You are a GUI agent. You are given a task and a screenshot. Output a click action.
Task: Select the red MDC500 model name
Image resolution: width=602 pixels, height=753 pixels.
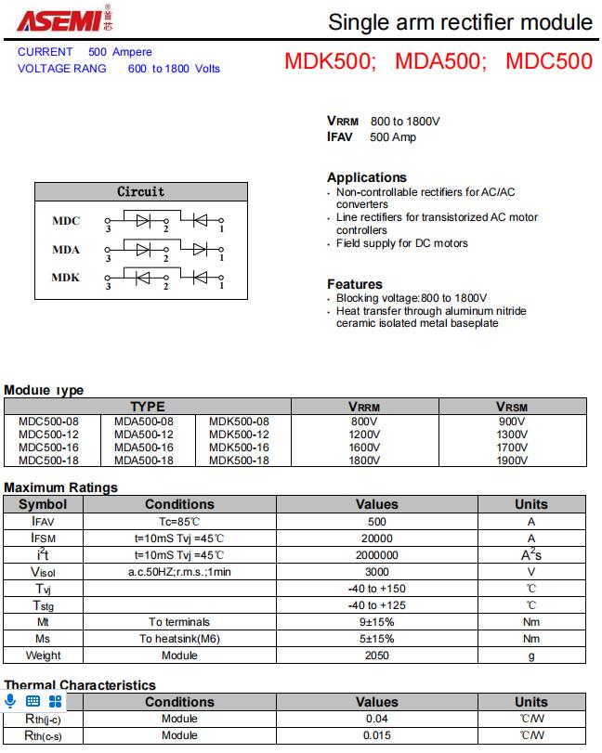pyautogui.click(x=548, y=62)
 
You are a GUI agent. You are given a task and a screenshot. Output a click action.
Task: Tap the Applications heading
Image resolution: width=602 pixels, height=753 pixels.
pyautogui.click(x=367, y=177)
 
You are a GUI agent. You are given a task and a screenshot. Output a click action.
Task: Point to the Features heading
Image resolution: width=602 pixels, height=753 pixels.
pyautogui.click(x=355, y=284)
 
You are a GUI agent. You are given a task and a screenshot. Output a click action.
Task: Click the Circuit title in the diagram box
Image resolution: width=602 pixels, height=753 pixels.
pyautogui.click(x=141, y=191)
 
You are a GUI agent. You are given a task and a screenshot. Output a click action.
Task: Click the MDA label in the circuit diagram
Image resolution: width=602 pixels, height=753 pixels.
pyautogui.click(x=66, y=250)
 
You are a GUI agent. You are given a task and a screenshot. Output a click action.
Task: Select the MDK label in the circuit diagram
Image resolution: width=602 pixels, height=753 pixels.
pyautogui.click(x=66, y=278)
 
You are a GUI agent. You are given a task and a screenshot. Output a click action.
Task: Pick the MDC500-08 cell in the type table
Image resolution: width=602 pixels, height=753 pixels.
pyautogui.click(x=48, y=422)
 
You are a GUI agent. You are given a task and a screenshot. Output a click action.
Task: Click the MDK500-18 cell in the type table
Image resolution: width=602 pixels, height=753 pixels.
pyautogui.click(x=239, y=461)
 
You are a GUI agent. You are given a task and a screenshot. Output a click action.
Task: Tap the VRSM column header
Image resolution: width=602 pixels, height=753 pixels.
pyautogui.click(x=512, y=407)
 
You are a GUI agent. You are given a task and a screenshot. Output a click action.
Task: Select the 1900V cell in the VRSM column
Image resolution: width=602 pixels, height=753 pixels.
pyautogui.click(x=512, y=461)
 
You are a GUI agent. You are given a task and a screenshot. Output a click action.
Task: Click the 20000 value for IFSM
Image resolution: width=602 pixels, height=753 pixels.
pyautogui.click(x=376, y=539)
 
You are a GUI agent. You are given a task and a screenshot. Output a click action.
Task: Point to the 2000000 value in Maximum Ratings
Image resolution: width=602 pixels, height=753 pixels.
pyautogui.click(x=376, y=555)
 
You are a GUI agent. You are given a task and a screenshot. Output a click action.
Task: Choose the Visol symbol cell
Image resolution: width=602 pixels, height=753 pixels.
pyautogui.click(x=43, y=572)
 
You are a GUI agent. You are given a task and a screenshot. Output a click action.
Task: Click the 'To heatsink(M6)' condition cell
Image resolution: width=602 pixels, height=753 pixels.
pyautogui.click(x=179, y=639)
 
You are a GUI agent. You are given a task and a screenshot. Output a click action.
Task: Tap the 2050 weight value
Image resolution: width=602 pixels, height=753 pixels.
pyautogui.click(x=376, y=656)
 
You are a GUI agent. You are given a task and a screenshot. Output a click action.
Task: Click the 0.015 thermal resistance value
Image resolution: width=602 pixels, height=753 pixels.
pyautogui.click(x=376, y=735)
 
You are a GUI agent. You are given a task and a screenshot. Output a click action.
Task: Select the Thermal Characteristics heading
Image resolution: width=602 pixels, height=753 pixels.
pyautogui.click(x=80, y=685)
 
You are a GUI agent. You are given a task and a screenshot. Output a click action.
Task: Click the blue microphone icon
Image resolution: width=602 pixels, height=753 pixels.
pyautogui.click(x=11, y=701)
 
